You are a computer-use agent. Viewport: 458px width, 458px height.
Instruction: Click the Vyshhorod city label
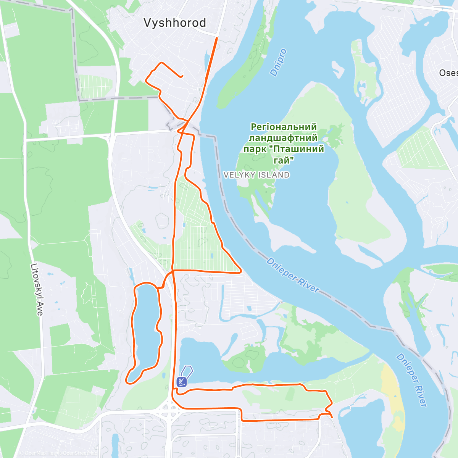[x=174, y=23]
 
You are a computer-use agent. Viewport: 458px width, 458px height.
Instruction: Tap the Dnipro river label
[x=278, y=63]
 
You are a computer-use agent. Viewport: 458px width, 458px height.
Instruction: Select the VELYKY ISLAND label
[x=256, y=175]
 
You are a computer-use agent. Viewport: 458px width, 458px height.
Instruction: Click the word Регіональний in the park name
[x=284, y=127]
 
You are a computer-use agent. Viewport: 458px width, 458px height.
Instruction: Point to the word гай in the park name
[x=284, y=160]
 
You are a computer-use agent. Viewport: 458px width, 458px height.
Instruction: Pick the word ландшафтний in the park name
[x=283, y=138]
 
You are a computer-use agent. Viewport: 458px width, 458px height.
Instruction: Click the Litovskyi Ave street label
[x=36, y=290]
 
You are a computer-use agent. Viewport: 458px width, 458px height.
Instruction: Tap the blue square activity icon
[x=182, y=381]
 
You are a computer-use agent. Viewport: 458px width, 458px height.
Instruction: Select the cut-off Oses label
[x=448, y=73]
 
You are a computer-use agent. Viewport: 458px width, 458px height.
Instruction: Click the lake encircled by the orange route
[x=146, y=328]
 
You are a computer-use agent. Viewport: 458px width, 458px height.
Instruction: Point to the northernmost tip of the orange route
[x=217, y=38]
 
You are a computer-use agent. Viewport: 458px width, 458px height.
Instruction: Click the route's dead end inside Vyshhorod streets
[x=182, y=76]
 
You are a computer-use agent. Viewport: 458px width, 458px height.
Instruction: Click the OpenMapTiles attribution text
[x=38, y=453]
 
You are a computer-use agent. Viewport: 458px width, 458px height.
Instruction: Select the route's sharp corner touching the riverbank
[x=240, y=272]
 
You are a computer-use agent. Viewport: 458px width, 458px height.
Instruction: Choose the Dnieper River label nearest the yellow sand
[x=412, y=380]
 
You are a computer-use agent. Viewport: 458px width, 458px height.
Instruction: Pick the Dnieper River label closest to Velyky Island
[x=292, y=275]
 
